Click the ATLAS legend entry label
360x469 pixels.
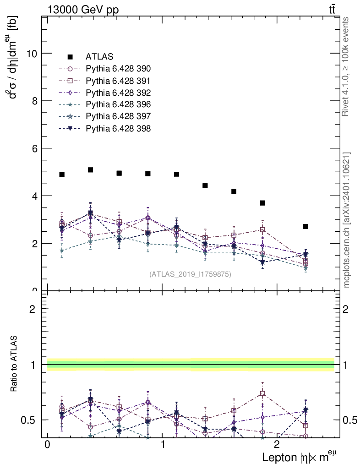99,57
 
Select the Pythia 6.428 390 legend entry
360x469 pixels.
118,69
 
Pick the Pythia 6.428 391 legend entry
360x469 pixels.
118,81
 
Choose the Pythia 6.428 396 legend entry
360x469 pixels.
118,104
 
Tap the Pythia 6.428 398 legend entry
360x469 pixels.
118,129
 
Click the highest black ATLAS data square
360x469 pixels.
91,170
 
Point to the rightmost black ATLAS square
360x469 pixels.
305,226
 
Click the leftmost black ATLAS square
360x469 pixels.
62,175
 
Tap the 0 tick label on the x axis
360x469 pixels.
47,445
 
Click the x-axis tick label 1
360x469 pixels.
163,445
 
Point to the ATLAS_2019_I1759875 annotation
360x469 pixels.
190,274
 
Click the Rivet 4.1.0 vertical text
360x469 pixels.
346,66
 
